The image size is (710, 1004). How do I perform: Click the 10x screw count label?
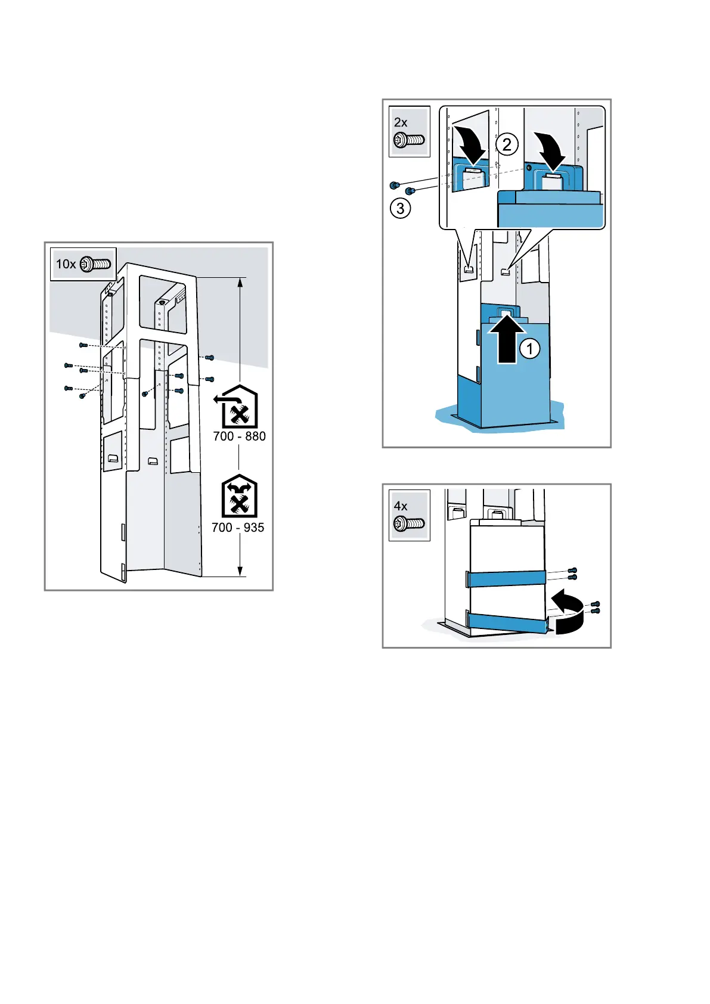(x=66, y=264)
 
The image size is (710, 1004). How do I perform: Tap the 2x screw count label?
(x=401, y=122)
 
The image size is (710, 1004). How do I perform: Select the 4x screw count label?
(x=401, y=506)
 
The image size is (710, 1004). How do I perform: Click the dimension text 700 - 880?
(x=239, y=436)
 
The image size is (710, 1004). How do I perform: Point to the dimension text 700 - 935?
(x=238, y=528)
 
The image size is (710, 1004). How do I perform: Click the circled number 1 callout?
(x=530, y=348)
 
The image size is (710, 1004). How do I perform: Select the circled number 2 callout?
(x=507, y=144)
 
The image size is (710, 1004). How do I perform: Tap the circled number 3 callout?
(x=400, y=208)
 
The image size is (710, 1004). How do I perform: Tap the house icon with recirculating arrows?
(x=239, y=496)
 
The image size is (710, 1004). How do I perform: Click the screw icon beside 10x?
(x=96, y=264)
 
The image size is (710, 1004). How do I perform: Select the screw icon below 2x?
(x=409, y=141)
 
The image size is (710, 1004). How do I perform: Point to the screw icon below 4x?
(x=409, y=525)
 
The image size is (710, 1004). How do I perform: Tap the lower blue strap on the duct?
(x=507, y=622)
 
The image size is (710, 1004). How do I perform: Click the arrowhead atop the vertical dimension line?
(x=240, y=282)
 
